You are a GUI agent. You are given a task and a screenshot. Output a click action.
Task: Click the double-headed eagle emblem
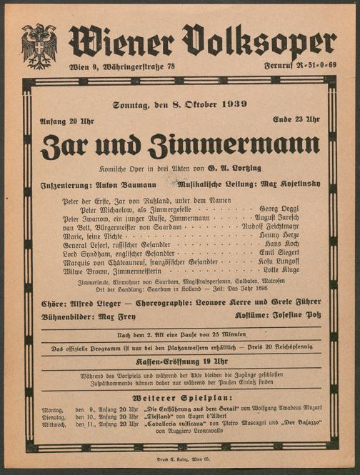point(39,46)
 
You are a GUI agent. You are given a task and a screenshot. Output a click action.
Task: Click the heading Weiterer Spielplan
point(179,397)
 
